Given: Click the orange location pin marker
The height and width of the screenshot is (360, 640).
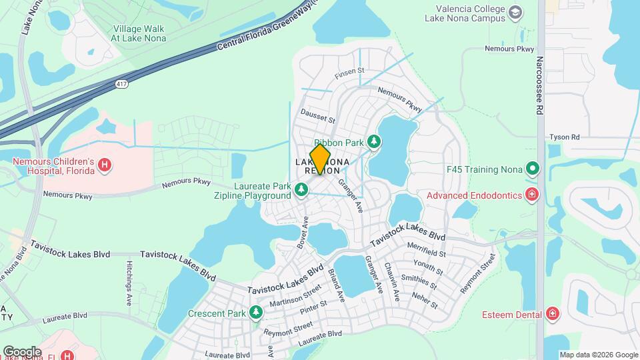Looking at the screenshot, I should [x=321, y=159].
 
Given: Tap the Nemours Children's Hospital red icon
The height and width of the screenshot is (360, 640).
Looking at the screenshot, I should [x=104, y=165].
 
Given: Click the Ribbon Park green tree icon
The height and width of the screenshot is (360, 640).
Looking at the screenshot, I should [x=374, y=142].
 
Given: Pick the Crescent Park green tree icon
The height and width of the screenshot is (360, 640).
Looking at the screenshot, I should [x=256, y=313].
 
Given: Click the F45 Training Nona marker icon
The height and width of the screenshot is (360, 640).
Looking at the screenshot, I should [x=532, y=167].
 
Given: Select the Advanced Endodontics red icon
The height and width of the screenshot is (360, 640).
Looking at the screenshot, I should [x=532, y=195].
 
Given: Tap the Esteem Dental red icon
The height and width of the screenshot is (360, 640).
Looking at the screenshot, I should [x=552, y=313].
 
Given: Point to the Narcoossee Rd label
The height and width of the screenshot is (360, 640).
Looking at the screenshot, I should [x=540, y=85].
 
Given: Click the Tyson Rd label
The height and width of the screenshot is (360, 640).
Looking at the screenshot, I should [x=564, y=137].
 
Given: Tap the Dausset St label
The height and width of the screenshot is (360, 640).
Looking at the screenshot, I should [x=318, y=115].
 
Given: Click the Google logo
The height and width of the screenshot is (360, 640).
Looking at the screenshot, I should [x=22, y=351].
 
